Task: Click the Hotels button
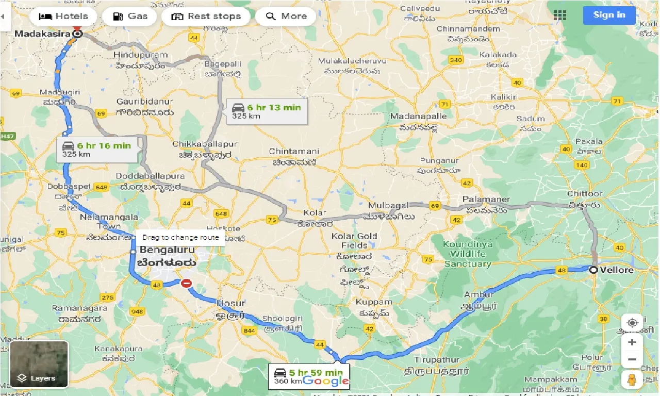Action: pyautogui.click(x=63, y=16)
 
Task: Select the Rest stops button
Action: pyautogui.click(x=206, y=16)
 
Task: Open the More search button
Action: pyautogui.click(x=286, y=16)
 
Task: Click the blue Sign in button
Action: pyautogui.click(x=609, y=15)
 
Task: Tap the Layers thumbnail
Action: pyautogui.click(x=39, y=364)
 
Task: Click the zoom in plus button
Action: pyautogui.click(x=632, y=342)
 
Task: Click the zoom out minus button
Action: pyautogui.click(x=632, y=359)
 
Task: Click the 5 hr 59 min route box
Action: pyautogui.click(x=308, y=376)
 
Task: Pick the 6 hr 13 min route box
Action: pyautogui.click(x=267, y=111)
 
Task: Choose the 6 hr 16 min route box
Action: pyautogui.click(x=97, y=150)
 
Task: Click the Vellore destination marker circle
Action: pyautogui.click(x=594, y=270)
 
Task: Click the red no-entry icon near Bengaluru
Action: pyautogui.click(x=187, y=283)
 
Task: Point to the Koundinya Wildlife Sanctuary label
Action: pyautogui.click(x=467, y=254)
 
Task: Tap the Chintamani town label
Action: pyautogui.click(x=294, y=152)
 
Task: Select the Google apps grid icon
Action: pyautogui.click(x=559, y=15)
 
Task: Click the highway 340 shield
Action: pyautogui.click(x=456, y=60)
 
